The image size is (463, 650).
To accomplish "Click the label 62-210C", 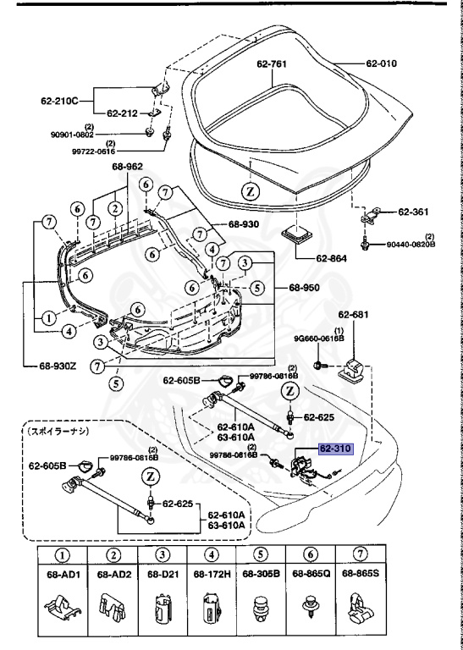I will (59, 100).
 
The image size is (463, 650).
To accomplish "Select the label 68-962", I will (128, 167).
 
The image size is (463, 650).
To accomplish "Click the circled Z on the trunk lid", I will (251, 191).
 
